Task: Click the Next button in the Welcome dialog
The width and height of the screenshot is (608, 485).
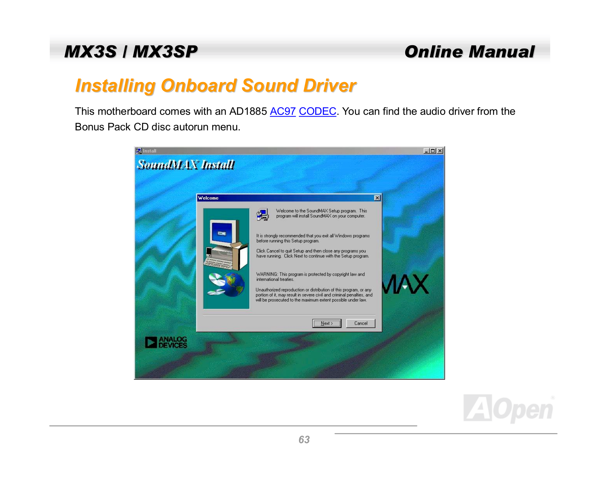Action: [x=327, y=323]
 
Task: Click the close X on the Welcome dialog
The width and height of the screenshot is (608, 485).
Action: [x=377, y=198]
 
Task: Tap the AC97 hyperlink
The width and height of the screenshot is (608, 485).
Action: [x=283, y=111]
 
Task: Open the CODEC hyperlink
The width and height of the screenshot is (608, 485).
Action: [x=317, y=111]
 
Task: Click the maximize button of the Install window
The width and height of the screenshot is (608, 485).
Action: [x=433, y=151]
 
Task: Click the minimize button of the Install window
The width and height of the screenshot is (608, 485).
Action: [x=426, y=151]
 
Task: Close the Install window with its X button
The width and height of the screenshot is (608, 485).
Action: [x=440, y=151]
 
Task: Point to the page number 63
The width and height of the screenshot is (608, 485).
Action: [x=304, y=439]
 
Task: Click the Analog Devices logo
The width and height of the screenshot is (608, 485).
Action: [x=166, y=342]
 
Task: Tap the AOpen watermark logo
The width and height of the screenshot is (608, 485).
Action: [x=509, y=408]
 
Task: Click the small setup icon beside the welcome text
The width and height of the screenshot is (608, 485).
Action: [x=262, y=214]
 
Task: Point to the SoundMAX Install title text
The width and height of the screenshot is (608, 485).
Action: [x=186, y=165]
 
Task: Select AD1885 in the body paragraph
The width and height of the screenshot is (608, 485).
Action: [x=248, y=111]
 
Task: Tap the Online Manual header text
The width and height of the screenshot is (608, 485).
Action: [x=469, y=52]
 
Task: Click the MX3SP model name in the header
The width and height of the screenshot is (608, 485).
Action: [x=165, y=52]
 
